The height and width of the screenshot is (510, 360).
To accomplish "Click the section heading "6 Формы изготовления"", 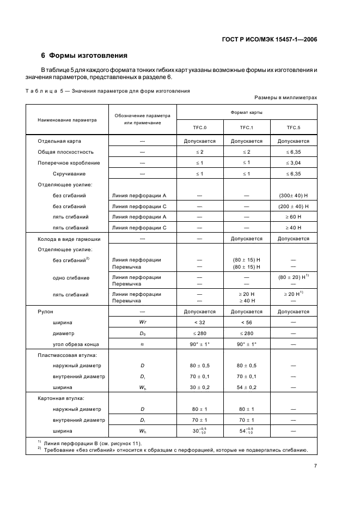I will pyautogui.click(x=84, y=56).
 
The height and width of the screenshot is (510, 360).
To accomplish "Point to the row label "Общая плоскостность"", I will pyautogui.click(x=65, y=152).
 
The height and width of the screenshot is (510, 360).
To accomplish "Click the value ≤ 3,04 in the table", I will pyautogui.click(x=294, y=163).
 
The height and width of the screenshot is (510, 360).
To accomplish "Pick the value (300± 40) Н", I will pyautogui.click(x=294, y=195).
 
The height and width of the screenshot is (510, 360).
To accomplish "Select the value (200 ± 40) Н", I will pyautogui.click(x=294, y=206).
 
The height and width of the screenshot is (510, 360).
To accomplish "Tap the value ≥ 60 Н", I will pyautogui.click(x=294, y=216).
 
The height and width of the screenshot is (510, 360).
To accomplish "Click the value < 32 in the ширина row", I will pyautogui.click(x=200, y=323).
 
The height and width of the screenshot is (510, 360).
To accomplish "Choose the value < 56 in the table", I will pyautogui.click(x=247, y=323).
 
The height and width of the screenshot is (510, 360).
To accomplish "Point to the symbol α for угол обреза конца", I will pyautogui.click(x=143, y=344).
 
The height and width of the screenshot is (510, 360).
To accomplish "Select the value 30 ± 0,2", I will pyautogui.click(x=200, y=387).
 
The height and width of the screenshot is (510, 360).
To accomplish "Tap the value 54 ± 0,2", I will pyautogui.click(x=247, y=387).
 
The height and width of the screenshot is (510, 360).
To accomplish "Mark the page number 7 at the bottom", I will pyautogui.click(x=315, y=466).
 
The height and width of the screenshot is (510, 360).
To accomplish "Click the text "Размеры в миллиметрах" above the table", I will pyautogui.click(x=285, y=98).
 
